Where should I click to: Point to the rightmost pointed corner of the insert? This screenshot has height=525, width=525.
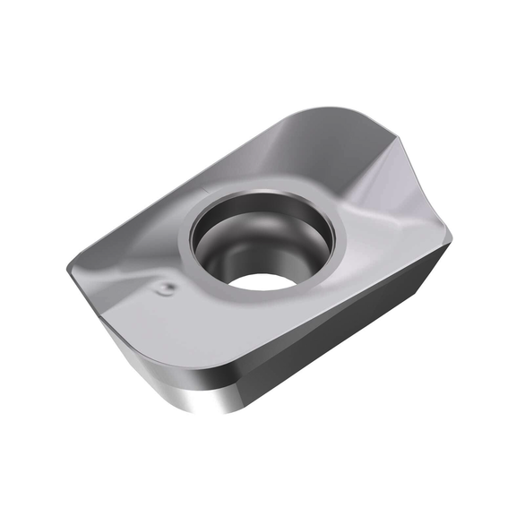(x=451, y=239)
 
